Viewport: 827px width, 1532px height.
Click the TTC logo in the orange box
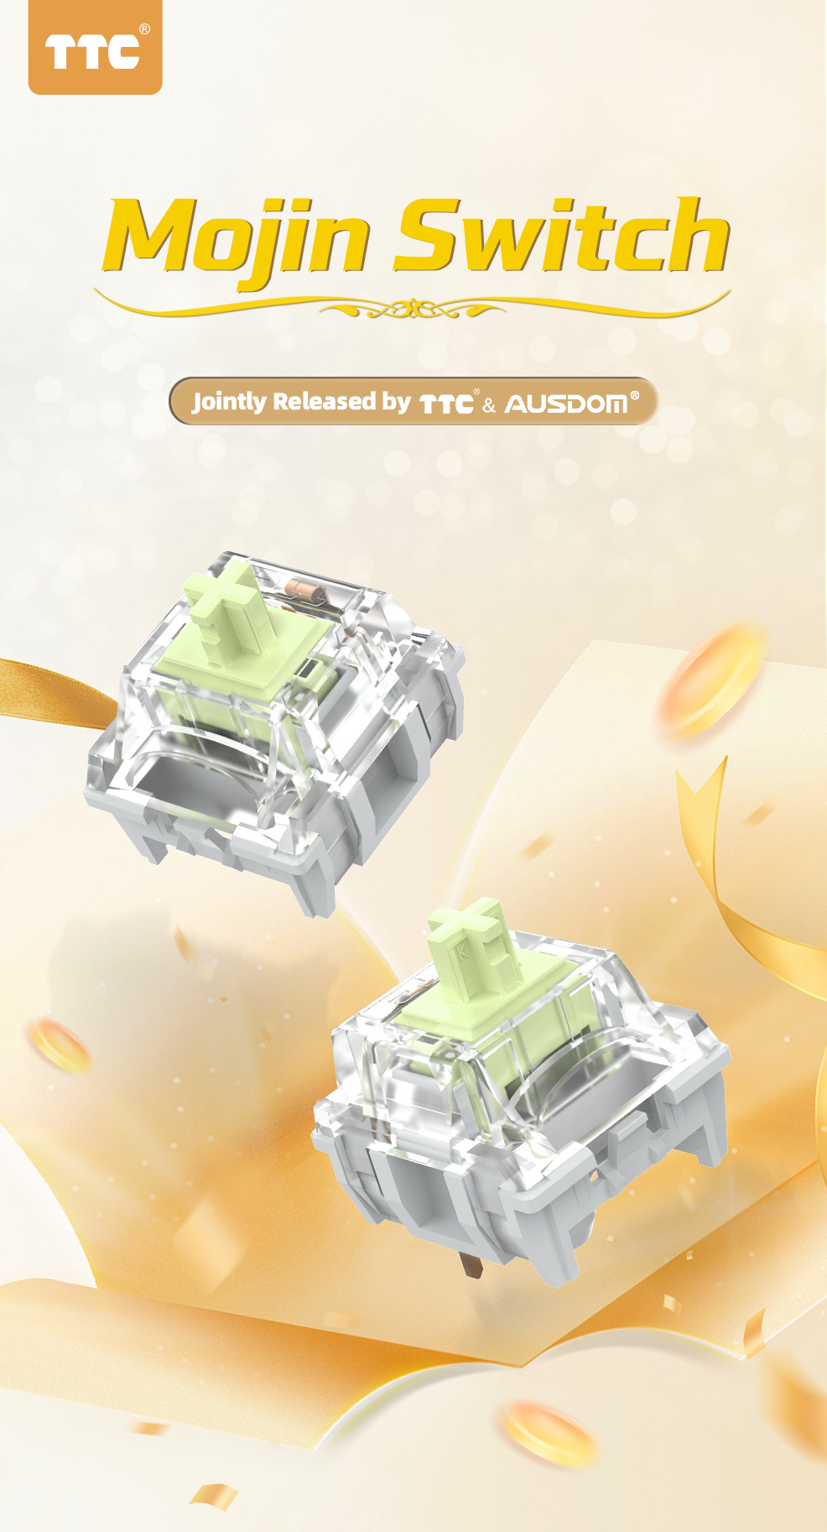91,52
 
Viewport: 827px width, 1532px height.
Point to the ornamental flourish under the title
412,308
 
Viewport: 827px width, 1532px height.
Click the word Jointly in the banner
230,402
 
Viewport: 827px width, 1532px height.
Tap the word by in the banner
397,403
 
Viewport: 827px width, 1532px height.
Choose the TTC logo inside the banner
446,404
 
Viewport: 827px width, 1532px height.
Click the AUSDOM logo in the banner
566,404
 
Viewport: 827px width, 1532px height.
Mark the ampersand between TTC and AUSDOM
489,406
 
